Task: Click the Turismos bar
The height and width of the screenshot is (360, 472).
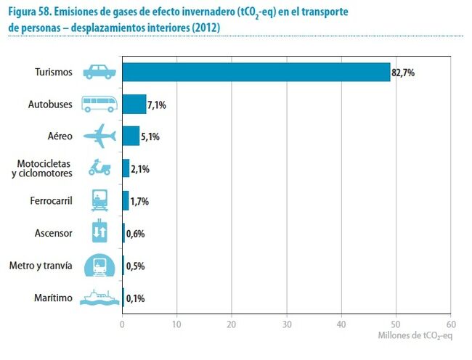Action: coord(256,72)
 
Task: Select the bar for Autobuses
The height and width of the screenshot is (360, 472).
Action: coord(134,105)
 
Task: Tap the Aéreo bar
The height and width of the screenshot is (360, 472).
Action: coord(131,136)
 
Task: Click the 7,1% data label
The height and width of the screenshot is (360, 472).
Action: coord(158,105)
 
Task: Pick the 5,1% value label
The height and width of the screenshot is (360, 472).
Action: coord(151,136)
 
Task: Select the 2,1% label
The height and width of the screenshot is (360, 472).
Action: coord(141,169)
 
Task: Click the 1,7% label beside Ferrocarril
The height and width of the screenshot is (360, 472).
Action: coord(139,201)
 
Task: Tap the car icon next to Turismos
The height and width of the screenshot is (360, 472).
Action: coord(99,72)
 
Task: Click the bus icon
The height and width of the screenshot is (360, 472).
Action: coord(99,105)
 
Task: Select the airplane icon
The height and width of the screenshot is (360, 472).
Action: coord(99,136)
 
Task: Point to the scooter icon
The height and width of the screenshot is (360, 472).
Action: coord(99,168)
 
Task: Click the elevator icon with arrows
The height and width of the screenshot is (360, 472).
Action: coord(99,233)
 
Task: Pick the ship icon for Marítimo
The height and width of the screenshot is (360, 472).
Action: coord(99,298)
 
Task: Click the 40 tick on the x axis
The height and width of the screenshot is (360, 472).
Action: coord(341,324)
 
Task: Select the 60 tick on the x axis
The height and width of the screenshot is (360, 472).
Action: coord(450,324)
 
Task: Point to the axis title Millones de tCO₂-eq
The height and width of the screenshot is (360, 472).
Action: coord(415,336)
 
